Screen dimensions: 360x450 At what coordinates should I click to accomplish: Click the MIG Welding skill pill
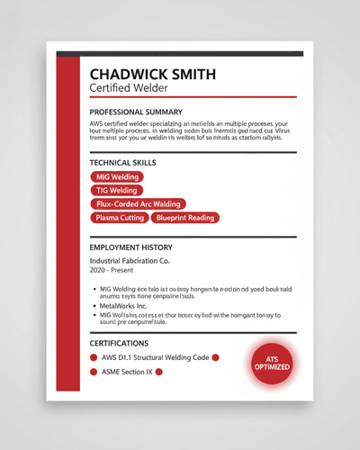point(117,177)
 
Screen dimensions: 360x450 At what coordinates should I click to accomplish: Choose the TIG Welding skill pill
point(117,191)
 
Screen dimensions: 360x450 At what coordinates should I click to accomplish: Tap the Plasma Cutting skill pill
point(120,218)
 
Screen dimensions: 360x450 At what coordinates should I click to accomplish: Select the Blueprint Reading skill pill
point(184,218)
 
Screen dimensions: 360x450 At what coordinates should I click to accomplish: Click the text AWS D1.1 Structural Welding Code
point(155,357)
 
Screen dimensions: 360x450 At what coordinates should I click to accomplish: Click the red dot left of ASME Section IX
point(94,371)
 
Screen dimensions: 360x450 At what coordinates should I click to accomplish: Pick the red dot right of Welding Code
point(216,357)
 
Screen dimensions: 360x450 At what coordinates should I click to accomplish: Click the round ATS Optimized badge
point(272,363)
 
